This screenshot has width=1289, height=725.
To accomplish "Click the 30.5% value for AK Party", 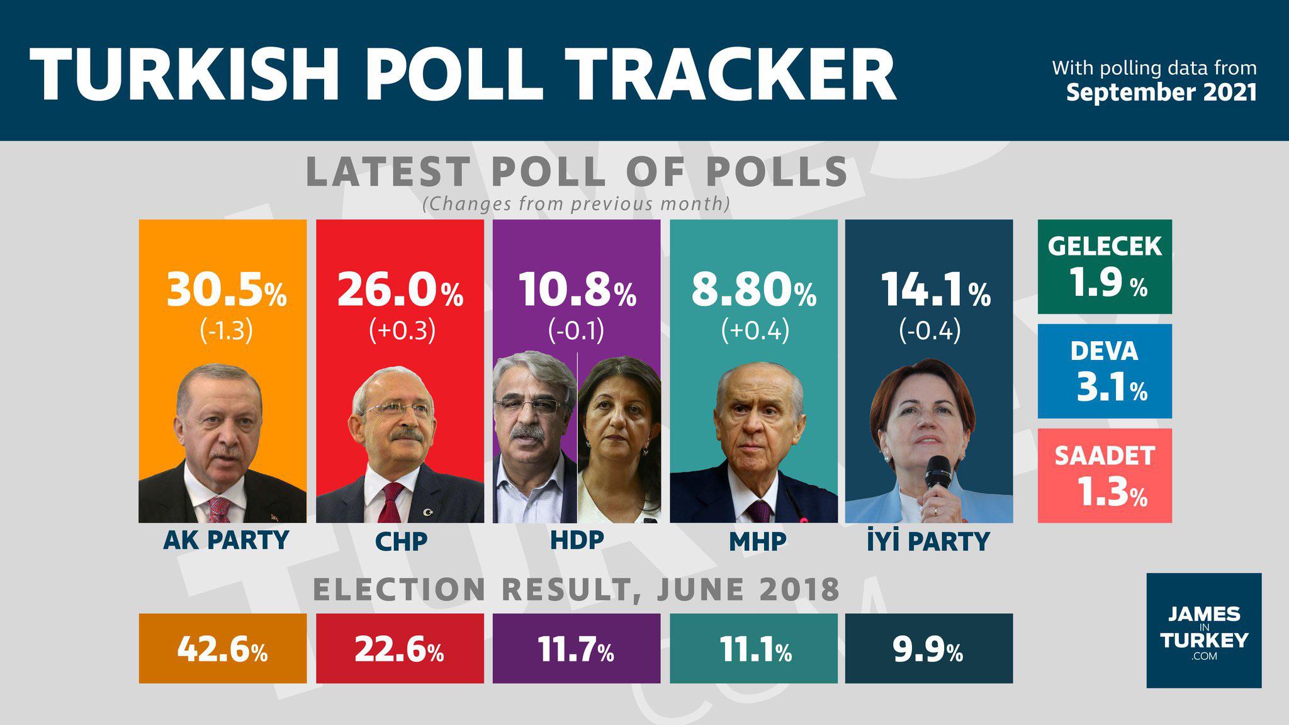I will [225, 291].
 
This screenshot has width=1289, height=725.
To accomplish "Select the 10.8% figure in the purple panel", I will [577, 291].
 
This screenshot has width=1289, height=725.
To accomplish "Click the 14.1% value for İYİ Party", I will [935, 291].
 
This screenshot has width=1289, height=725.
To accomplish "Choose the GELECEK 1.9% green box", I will [1105, 266].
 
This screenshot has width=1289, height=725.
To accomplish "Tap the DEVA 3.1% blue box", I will [1105, 371].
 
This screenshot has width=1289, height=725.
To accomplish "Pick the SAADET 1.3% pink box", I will [1105, 476].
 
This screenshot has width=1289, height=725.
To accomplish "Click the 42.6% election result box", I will [223, 649].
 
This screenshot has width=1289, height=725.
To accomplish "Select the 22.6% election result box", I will [400, 649].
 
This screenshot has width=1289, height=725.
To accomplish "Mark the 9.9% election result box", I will [929, 649].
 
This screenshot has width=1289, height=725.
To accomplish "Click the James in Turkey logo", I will [1203, 630].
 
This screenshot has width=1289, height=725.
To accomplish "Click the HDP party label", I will [577, 541].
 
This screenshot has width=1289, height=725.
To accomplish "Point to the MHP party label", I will [758, 541].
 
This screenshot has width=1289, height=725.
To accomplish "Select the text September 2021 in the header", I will [1161, 93].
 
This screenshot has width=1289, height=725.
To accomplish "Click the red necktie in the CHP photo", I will [390, 503].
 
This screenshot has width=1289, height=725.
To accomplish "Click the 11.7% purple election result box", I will [577, 649].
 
